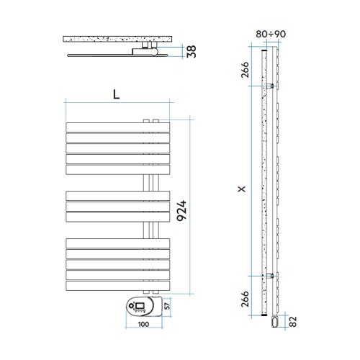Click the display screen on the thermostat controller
[138, 308]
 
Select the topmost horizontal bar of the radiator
[117, 128]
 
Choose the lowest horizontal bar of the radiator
[117, 285]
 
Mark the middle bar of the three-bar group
[117, 206]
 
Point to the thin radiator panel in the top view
[101, 54]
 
